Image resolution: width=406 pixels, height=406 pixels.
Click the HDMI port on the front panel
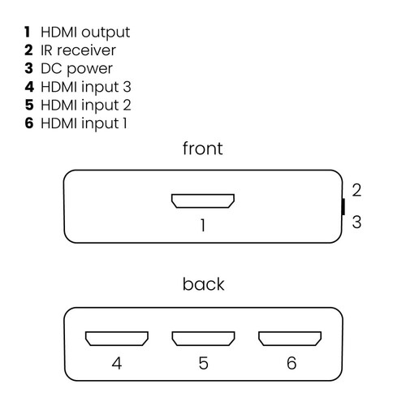202,201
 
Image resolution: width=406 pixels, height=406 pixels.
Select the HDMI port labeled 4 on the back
117,337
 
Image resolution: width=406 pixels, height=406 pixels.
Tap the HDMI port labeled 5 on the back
202,337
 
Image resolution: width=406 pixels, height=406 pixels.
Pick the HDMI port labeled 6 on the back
290,337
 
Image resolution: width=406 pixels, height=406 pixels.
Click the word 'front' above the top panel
202,149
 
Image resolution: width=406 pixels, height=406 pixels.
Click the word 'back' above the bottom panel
203,284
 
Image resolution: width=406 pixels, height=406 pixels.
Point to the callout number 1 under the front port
203,226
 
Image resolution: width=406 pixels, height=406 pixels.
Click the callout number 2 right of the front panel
356,190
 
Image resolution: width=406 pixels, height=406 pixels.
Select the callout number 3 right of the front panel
356,222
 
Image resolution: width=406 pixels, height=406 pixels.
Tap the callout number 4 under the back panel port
117,363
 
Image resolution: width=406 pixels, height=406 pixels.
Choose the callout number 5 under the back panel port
203,363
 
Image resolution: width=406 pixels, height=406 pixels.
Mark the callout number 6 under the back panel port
291,363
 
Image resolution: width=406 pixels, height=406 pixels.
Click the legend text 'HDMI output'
84,32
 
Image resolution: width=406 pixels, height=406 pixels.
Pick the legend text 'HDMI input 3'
85,87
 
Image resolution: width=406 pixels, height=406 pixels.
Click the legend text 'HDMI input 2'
85,105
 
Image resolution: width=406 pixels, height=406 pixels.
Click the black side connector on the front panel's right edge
343,205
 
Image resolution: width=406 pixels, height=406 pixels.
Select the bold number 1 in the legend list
28,32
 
